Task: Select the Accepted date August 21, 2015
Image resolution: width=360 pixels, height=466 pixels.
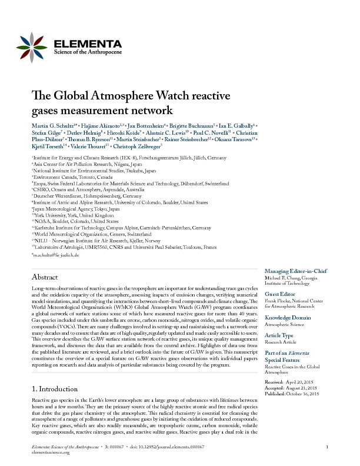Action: (306, 387)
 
